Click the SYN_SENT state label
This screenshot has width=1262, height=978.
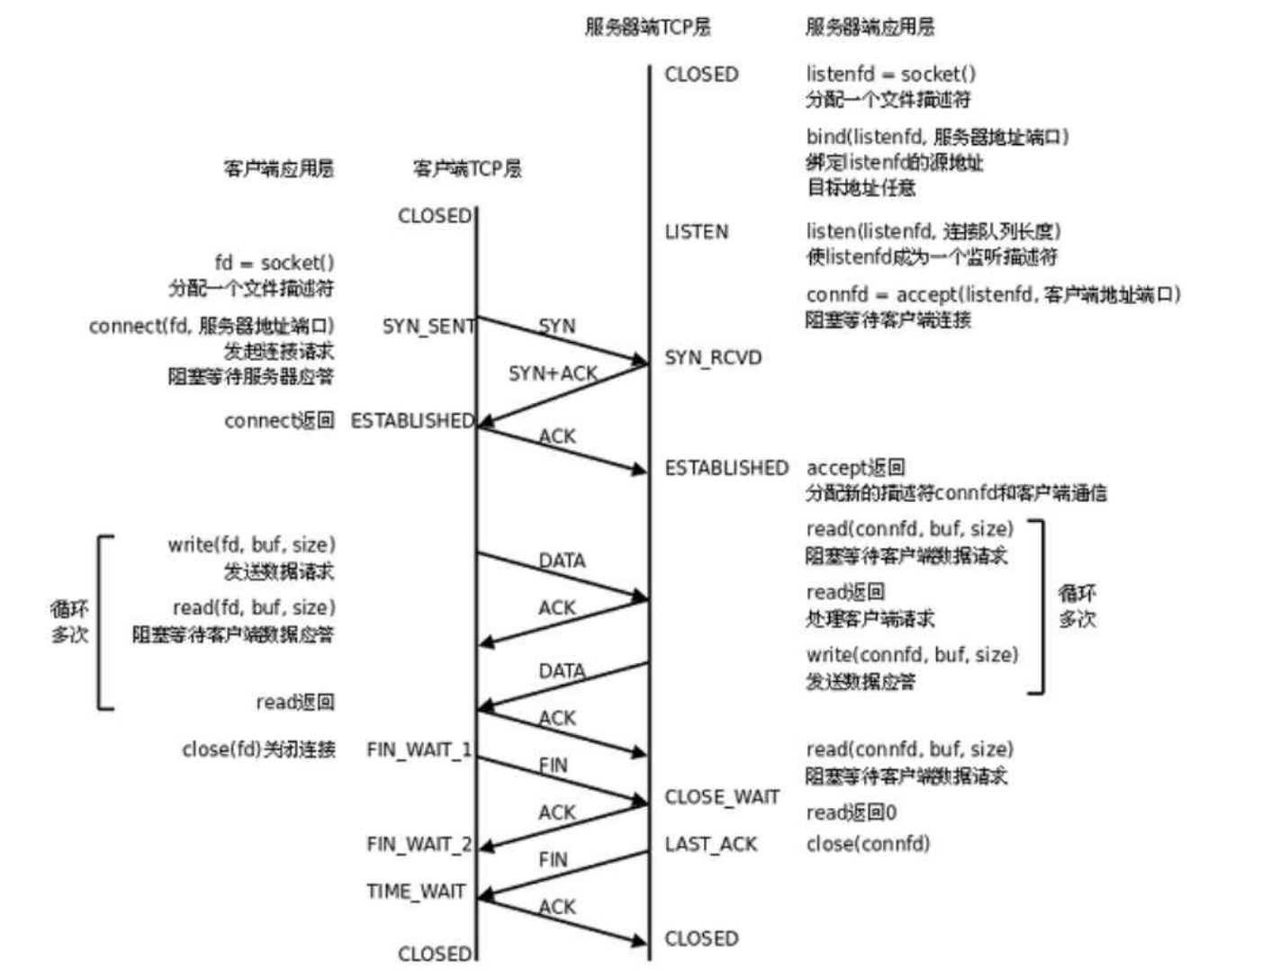coord(428,327)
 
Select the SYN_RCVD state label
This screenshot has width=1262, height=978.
coord(713,358)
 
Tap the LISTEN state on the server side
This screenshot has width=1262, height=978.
coord(696,232)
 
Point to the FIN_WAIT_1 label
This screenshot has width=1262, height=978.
coord(419,749)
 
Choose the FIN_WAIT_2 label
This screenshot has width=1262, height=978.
coord(419,844)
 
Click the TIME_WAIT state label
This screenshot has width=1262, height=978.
coord(416,892)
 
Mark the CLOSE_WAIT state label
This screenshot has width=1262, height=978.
coord(722,797)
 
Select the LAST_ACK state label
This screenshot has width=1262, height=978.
coord(710,844)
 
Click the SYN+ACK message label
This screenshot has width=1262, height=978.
coord(553,373)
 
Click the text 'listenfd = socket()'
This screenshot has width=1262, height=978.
coord(890,75)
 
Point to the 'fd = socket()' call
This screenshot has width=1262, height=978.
coord(275,264)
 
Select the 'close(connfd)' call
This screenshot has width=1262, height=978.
coord(868,844)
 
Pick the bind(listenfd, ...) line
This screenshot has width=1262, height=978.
coord(937,138)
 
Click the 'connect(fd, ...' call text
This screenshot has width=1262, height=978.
coord(212,327)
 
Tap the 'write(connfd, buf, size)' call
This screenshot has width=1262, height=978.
coord(912,655)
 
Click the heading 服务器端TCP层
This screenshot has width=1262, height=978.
coord(647,27)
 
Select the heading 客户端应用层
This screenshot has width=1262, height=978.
coord(278,168)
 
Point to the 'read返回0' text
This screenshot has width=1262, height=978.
coord(851,813)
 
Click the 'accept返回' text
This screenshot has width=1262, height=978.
coord(855,468)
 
